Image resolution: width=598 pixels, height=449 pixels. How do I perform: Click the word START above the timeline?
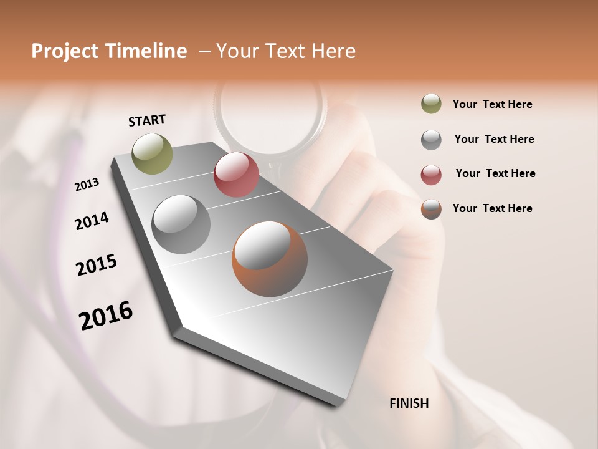point(147,120)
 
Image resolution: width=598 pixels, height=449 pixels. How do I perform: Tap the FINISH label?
point(409,403)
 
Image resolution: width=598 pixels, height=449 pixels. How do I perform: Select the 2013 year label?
point(87,185)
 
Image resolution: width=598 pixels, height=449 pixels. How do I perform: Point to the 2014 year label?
point(92,221)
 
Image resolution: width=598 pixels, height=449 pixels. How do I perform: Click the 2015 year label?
point(97,265)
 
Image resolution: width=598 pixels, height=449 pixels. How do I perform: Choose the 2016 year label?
point(106,316)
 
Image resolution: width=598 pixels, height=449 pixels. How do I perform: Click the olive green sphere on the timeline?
point(153,153)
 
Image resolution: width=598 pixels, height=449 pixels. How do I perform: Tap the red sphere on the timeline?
point(236,175)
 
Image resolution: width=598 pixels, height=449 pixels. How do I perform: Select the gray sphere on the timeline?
point(181,224)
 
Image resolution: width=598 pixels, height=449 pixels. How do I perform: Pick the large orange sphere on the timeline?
point(270,259)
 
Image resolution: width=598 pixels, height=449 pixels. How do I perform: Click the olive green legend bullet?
point(431,104)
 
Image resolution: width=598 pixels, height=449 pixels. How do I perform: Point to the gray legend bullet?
point(431,140)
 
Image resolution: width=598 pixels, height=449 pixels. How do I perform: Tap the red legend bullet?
point(431,175)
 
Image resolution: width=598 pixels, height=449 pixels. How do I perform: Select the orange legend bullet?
point(431,209)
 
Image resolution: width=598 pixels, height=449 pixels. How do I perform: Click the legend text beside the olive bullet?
point(492,104)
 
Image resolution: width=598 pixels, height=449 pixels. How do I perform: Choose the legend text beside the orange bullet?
point(492,208)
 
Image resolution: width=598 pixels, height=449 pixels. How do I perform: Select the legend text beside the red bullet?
point(495,173)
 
